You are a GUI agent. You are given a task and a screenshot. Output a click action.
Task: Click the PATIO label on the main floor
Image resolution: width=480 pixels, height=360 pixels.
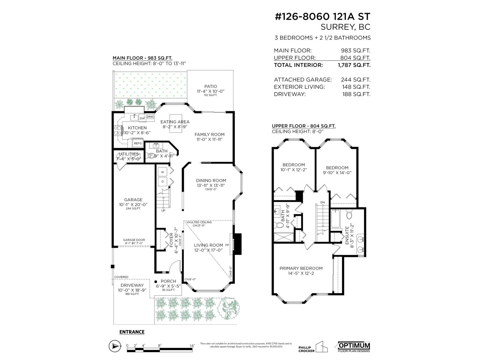[211, 86]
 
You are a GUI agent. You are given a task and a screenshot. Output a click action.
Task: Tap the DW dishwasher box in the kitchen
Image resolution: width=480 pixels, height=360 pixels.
[142, 118]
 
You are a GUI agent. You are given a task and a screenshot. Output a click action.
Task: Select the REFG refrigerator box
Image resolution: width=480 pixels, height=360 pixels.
[138, 143]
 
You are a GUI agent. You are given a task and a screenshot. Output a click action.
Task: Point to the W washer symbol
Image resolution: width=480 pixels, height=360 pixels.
[163, 172]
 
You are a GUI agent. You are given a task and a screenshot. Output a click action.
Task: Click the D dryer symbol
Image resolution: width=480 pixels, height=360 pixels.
[163, 181]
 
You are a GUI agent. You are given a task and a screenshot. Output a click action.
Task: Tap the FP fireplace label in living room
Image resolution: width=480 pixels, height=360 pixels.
[227, 245]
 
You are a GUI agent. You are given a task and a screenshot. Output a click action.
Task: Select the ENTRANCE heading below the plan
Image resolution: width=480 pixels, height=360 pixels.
[132, 332]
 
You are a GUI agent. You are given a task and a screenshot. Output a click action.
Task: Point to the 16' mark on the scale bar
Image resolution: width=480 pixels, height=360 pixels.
[192, 346]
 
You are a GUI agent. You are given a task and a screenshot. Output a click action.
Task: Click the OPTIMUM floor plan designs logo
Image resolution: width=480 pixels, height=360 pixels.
[354, 347]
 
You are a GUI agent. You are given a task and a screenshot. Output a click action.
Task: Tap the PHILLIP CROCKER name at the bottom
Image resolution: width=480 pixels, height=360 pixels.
[306, 349]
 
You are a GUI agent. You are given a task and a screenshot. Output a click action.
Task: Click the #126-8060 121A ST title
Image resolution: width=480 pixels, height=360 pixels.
[322, 16]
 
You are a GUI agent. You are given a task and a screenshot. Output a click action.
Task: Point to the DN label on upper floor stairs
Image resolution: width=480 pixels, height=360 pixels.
[322, 202]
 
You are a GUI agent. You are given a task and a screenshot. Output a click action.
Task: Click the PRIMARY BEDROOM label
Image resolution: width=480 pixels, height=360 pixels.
[301, 268]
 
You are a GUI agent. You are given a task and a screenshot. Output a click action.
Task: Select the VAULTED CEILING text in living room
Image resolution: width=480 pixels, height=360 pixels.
[199, 222]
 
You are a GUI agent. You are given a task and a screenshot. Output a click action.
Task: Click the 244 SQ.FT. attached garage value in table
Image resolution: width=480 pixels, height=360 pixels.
[355, 80]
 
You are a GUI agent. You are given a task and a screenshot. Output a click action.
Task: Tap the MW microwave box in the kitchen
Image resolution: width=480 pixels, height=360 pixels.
[150, 117]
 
